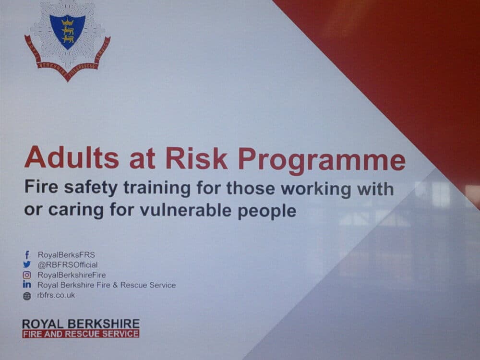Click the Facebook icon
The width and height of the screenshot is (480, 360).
[27, 255]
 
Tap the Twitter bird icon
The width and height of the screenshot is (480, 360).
[27, 265]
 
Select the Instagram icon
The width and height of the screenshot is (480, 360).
[27, 275]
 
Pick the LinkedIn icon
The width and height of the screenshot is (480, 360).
[27, 285]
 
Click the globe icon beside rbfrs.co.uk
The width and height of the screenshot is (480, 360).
[27, 296]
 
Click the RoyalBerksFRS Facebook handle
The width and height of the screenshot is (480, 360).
[63, 255]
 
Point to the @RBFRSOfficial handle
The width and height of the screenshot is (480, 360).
[67, 265]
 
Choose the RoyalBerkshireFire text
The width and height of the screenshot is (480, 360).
[72, 275]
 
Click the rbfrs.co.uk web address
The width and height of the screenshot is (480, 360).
[56, 295]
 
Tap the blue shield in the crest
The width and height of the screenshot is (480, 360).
[68, 30]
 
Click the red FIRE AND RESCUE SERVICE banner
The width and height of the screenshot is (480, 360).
[81, 334]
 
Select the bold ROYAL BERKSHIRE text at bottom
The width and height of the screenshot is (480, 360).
[81, 324]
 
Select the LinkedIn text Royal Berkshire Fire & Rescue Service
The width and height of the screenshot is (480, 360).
[107, 285]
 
